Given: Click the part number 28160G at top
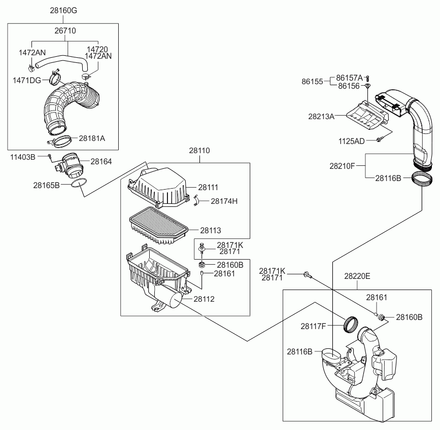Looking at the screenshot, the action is tap(63, 10).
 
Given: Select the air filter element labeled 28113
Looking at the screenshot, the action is tap(158, 226).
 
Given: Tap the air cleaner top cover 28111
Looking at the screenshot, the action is tap(158, 188).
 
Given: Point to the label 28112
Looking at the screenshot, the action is tap(204, 299).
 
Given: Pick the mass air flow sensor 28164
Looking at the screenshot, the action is tap(70, 166).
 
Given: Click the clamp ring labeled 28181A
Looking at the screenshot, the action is tap(59, 141).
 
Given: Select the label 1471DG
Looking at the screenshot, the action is tap(27, 81).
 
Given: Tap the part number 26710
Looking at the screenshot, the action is tap(65, 30).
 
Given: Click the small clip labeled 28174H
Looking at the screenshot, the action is tap(196, 200).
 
